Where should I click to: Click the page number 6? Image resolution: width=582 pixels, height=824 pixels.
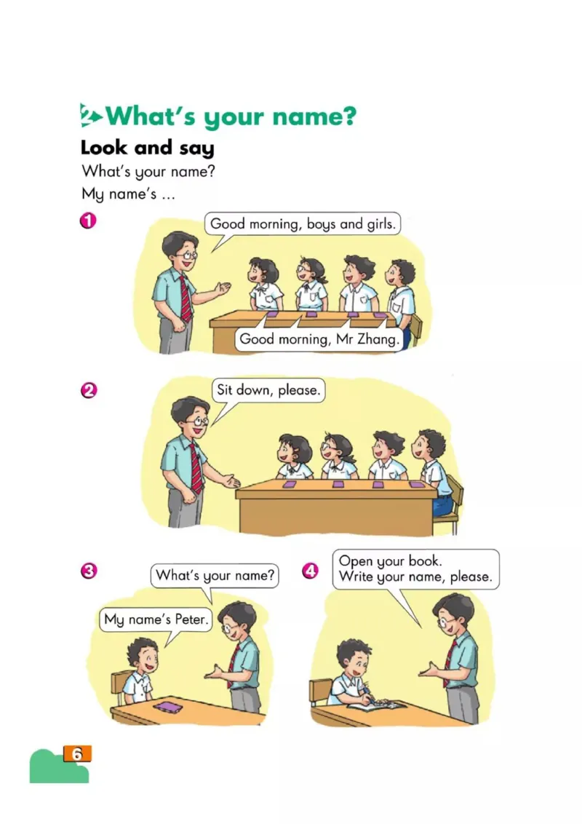76,754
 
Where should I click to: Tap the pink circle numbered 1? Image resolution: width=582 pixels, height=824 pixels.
88,220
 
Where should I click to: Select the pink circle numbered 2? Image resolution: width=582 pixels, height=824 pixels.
88,390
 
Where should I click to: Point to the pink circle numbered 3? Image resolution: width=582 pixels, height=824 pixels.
88,571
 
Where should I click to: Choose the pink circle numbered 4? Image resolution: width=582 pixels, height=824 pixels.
310,571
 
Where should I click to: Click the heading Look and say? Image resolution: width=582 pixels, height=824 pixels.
148,148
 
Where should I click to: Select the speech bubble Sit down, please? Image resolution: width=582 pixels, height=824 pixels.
268,390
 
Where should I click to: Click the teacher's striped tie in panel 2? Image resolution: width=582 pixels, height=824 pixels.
196,468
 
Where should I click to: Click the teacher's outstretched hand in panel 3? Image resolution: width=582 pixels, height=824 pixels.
213,672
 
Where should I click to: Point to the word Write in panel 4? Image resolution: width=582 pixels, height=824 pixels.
356,577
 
